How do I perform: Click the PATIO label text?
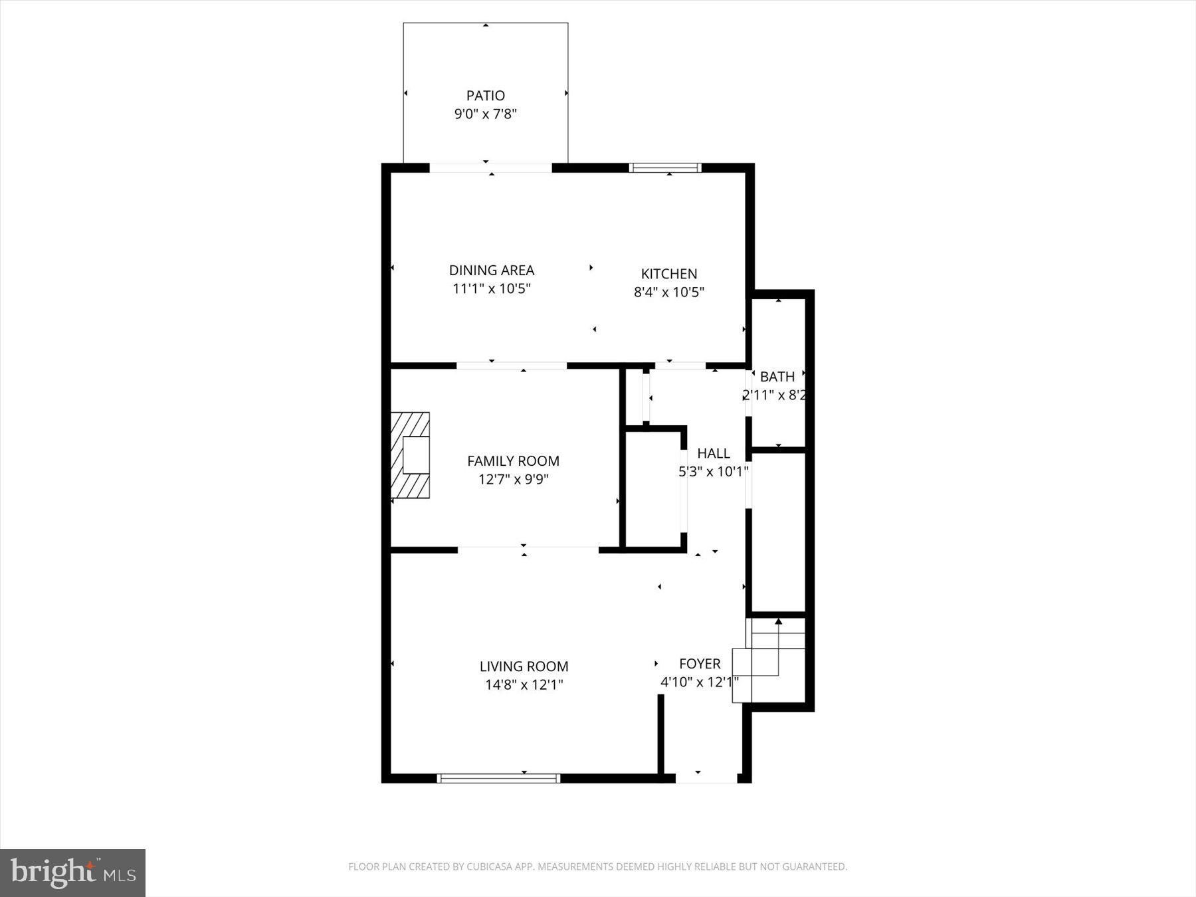(x=485, y=96)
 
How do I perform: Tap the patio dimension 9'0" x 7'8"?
(x=485, y=114)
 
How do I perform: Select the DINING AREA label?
(x=491, y=270)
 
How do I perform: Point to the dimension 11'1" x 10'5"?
(x=491, y=289)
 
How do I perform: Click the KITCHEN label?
(x=668, y=274)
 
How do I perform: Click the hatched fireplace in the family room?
(x=410, y=455)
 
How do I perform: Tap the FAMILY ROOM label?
(x=513, y=461)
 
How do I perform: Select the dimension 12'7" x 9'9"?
(x=513, y=480)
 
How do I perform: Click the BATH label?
(x=777, y=377)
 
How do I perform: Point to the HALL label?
(x=714, y=454)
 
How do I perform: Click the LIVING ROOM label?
(x=524, y=666)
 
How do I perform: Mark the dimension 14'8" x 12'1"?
(x=524, y=685)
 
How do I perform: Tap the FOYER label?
(x=699, y=664)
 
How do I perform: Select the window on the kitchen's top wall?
(x=665, y=168)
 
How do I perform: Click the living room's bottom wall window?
(x=498, y=778)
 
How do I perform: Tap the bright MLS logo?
(x=72, y=873)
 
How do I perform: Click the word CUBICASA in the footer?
(x=494, y=866)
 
